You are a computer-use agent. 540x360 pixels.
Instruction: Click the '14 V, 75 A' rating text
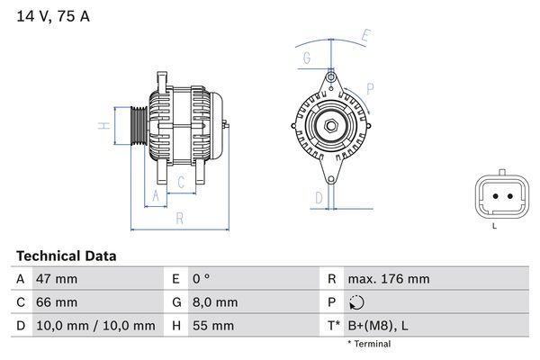[x=51, y=17]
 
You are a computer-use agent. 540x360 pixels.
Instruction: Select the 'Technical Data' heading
[x=66, y=256]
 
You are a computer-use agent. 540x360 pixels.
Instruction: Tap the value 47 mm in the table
[x=56, y=279]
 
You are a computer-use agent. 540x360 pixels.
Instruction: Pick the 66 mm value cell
[x=56, y=302]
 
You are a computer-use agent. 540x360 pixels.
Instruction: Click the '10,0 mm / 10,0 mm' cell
[x=94, y=326]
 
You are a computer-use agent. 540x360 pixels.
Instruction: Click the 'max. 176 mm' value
[x=389, y=279]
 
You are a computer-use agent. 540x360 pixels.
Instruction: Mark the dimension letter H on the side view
[x=105, y=126]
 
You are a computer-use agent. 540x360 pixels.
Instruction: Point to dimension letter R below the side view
[x=179, y=218]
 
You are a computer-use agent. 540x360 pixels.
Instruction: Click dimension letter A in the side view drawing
[x=155, y=195]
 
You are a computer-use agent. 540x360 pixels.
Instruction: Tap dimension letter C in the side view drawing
[x=181, y=183]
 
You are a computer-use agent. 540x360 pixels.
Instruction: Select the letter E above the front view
[x=365, y=36]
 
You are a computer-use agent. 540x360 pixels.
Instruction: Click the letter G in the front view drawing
[x=307, y=58]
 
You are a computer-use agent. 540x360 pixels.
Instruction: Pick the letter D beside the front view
[x=318, y=196]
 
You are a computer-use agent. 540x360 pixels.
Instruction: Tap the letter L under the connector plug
[x=494, y=225]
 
